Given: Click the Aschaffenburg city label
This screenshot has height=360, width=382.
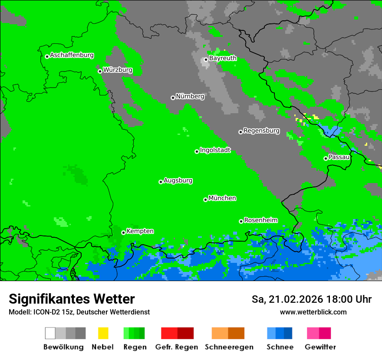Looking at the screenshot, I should click(x=72, y=55).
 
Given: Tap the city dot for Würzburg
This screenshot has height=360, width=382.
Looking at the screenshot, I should click(x=100, y=71).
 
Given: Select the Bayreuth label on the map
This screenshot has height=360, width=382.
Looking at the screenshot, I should click(x=223, y=58).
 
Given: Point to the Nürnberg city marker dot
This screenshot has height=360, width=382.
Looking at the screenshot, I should click(x=173, y=98).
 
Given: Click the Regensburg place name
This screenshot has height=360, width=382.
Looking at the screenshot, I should click(x=261, y=131).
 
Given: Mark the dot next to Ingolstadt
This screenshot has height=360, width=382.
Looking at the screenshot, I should click(x=197, y=151).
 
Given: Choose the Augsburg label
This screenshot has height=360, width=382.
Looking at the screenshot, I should click(x=178, y=180).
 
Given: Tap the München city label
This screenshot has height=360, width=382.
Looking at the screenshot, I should click(x=222, y=198).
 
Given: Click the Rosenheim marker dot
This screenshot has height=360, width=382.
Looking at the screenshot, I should click(x=241, y=221).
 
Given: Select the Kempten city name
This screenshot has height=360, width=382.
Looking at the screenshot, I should click(x=140, y=231).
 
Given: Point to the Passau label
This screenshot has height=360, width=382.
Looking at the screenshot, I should click(x=339, y=157).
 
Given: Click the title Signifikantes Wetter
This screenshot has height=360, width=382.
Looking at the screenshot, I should click(x=72, y=299).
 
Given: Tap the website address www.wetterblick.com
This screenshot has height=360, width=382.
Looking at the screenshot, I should click(x=313, y=312).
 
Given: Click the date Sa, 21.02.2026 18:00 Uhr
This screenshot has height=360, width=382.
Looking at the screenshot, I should click(x=311, y=299).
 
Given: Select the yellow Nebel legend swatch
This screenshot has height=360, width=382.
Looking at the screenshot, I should click(x=103, y=333).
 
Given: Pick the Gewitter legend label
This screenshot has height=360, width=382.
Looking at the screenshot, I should click(x=320, y=347).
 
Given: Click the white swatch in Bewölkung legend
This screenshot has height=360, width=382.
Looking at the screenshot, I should click(x=50, y=333).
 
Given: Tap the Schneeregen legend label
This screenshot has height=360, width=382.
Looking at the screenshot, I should click(x=229, y=347).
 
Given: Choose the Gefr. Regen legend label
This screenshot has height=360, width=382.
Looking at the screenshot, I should click(x=177, y=347).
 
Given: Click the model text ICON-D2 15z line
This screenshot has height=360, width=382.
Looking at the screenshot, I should click(x=79, y=312).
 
